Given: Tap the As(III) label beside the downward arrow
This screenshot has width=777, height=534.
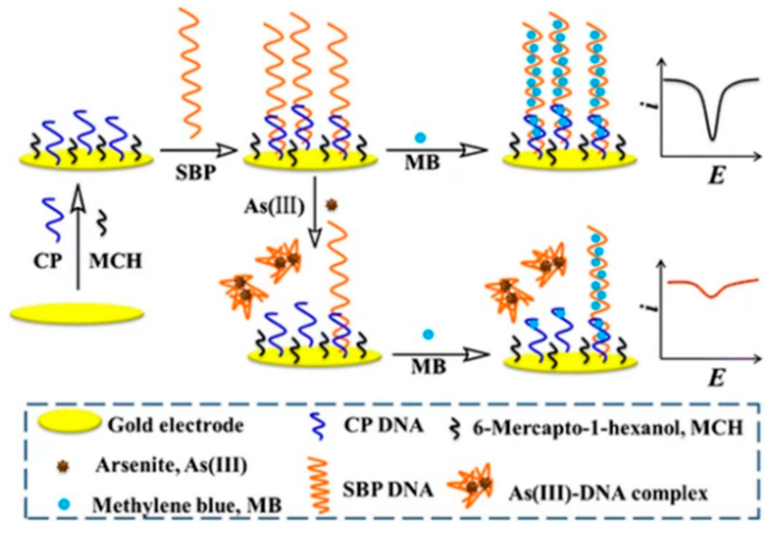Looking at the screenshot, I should point(274,207).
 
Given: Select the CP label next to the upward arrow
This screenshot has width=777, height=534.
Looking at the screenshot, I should point(48,261).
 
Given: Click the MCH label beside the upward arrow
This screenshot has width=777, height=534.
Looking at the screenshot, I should point(116,261).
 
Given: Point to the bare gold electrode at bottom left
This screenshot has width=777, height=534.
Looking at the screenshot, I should point(77,314).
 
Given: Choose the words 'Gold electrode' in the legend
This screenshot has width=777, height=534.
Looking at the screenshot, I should point(176,425).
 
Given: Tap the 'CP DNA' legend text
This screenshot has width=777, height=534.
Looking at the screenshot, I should point(383,426).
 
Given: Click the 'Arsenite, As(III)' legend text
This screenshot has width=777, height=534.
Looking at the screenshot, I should point(171,465).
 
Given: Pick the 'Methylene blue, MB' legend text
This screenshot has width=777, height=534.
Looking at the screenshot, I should point(187,505).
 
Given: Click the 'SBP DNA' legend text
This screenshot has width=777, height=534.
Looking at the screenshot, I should point(387,490).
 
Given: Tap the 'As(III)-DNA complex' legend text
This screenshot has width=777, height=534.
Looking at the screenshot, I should point(608,494).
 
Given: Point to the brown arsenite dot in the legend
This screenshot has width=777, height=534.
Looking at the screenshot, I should point(63,466).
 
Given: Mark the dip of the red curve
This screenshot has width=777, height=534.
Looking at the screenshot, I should point(711,296).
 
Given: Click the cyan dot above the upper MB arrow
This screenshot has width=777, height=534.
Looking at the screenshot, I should point(420,137).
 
